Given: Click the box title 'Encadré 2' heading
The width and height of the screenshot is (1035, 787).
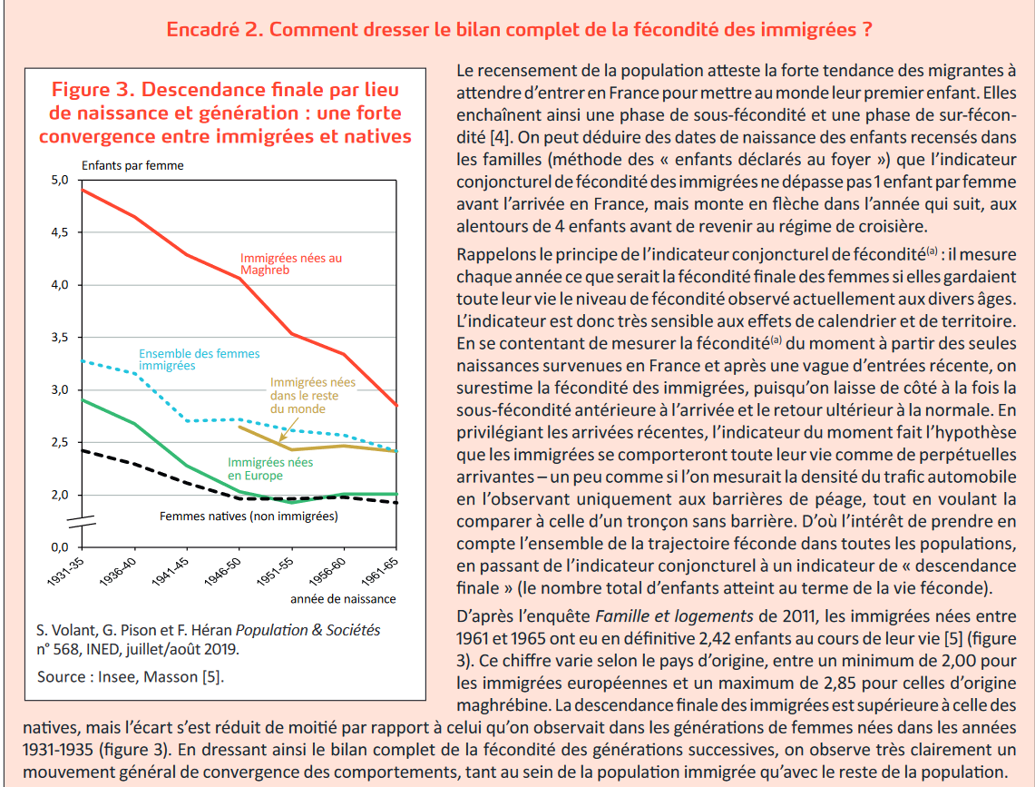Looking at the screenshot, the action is (519, 30).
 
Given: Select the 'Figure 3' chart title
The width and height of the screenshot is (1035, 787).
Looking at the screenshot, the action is (225, 113).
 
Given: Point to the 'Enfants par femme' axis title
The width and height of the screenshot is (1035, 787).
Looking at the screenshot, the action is (132, 165).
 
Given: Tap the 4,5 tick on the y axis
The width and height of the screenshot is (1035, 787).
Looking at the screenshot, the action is (60, 232).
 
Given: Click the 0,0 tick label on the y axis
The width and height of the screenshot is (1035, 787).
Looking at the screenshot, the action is (60, 547).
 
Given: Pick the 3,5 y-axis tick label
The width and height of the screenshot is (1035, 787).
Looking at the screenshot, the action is (60, 338).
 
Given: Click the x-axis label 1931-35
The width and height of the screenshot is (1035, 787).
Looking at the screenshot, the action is (66, 572).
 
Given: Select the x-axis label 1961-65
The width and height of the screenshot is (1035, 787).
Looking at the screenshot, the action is (380, 572).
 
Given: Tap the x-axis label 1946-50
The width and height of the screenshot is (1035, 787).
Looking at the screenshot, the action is (223, 572).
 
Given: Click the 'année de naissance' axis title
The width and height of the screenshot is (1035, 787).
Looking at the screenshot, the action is (343, 599).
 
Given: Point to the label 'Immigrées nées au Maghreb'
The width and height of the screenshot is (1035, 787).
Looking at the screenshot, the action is (291, 263).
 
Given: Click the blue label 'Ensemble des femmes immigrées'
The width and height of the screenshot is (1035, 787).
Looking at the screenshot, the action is (200, 359).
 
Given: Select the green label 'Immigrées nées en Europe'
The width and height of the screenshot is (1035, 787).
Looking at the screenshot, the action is (270, 468).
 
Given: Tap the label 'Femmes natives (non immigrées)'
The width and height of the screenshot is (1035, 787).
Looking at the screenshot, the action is (249, 516).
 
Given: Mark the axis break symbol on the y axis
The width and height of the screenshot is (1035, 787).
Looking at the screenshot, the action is (82, 522).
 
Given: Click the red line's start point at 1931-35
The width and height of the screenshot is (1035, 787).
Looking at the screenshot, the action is (82, 191).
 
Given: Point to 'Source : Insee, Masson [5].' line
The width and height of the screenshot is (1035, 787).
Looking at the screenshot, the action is (131, 676).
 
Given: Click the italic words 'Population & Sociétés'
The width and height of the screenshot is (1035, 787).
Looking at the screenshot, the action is (308, 630).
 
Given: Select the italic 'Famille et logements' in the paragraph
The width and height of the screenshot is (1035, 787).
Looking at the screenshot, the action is (674, 616).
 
